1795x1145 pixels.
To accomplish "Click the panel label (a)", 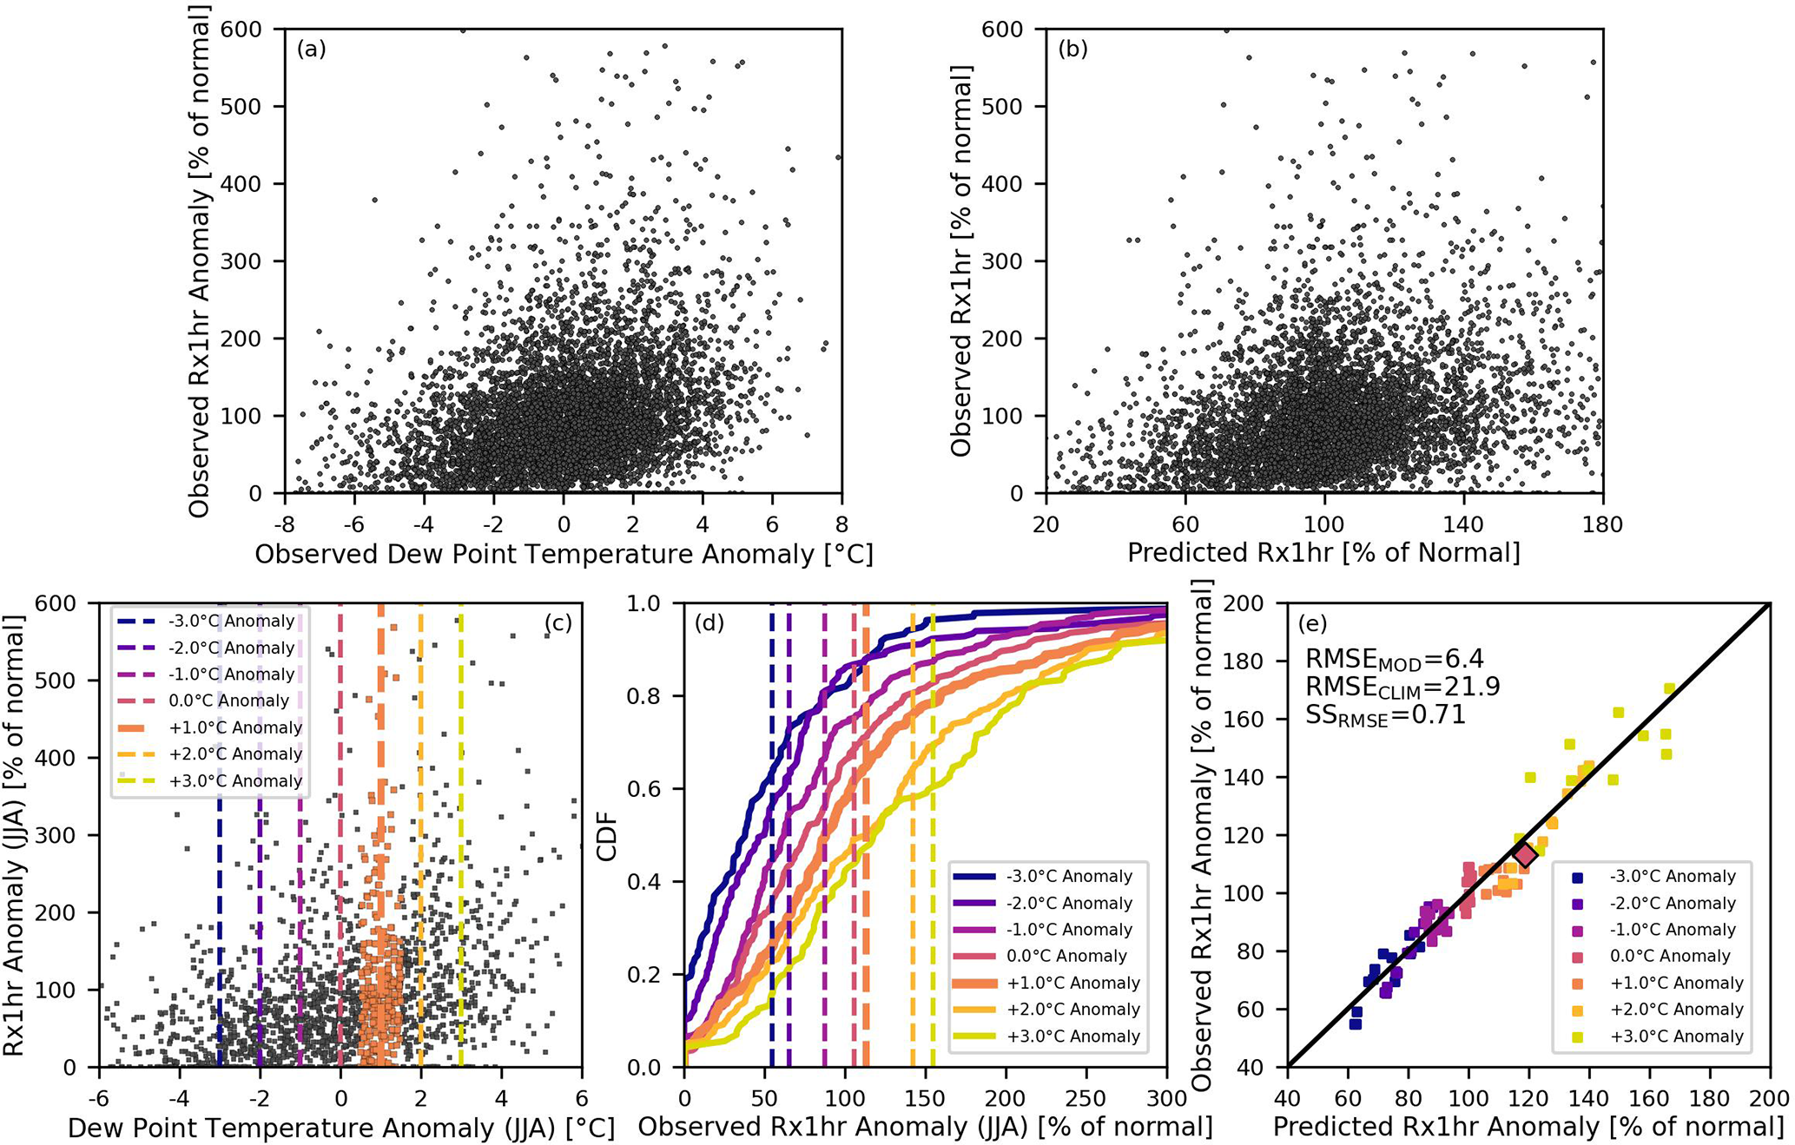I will (x=311, y=49).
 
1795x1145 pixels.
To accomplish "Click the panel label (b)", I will (x=1072, y=49).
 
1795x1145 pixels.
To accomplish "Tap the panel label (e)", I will (x=1313, y=623).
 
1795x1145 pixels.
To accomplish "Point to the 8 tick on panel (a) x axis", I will (x=841, y=524).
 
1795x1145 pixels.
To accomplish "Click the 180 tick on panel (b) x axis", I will (x=1602, y=524).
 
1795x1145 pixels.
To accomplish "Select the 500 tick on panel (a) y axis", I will (x=243, y=107).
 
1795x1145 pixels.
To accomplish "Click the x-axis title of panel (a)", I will (x=564, y=554).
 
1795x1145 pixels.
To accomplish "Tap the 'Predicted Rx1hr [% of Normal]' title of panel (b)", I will (x=1323, y=553).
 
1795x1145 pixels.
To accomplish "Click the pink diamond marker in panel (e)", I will (x=1526, y=855).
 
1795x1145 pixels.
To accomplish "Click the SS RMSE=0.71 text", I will (x=1385, y=716).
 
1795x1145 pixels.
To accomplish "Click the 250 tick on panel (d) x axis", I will (x=1086, y=1099).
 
